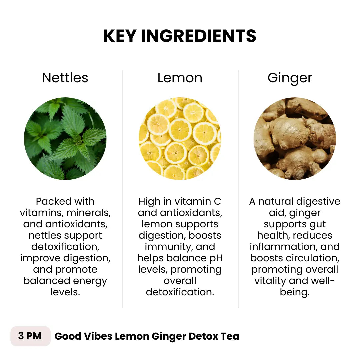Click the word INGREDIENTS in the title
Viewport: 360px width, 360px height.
pos(199,36)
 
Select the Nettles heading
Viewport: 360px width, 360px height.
pos(65,78)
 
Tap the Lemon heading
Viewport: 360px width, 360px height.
pos(180,78)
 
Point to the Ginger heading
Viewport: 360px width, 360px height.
pos(290,78)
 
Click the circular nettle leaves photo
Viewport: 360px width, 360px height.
pos(65,138)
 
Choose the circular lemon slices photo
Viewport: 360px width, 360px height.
pos(180,138)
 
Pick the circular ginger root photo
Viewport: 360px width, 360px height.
pos(295,138)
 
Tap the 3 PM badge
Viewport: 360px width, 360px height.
pos(30,336)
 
